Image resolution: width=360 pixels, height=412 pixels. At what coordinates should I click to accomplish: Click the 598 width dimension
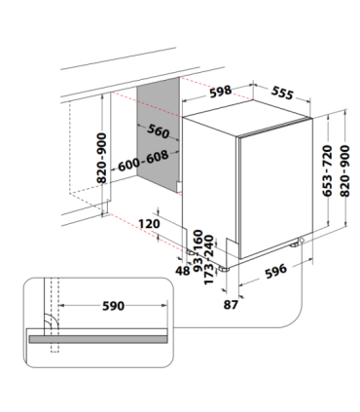(x=221, y=92)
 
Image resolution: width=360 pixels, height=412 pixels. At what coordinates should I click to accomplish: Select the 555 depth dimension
(x=282, y=93)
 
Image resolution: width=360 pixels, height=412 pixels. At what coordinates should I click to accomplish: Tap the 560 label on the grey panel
(x=159, y=131)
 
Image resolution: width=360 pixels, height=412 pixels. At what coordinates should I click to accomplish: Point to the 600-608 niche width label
(x=143, y=161)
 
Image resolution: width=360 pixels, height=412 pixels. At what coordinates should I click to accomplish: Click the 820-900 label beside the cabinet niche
(x=102, y=158)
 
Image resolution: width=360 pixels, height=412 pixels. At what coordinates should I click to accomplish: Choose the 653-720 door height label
(x=328, y=170)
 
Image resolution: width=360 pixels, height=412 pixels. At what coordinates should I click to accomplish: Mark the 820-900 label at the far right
(x=345, y=170)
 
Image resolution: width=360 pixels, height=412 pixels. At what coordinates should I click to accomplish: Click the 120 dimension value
(x=149, y=224)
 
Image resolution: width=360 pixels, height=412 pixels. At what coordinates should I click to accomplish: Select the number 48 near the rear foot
(x=183, y=270)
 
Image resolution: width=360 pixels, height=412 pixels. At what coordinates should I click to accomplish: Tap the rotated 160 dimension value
(x=198, y=240)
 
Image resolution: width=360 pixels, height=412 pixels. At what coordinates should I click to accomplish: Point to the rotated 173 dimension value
(x=208, y=274)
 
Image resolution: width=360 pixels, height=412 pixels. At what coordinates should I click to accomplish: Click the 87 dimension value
(x=231, y=305)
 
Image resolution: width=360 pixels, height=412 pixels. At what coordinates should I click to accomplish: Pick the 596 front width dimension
(x=276, y=271)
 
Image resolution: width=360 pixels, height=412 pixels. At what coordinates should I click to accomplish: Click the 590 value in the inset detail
(x=113, y=306)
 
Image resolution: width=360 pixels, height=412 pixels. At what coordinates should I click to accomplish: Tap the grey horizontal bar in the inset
(x=98, y=339)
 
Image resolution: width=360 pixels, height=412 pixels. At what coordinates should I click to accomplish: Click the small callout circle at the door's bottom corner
(x=302, y=240)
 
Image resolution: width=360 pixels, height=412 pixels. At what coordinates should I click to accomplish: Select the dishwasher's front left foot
(x=224, y=269)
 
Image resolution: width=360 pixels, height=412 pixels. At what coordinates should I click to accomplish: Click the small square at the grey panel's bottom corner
(x=179, y=186)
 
